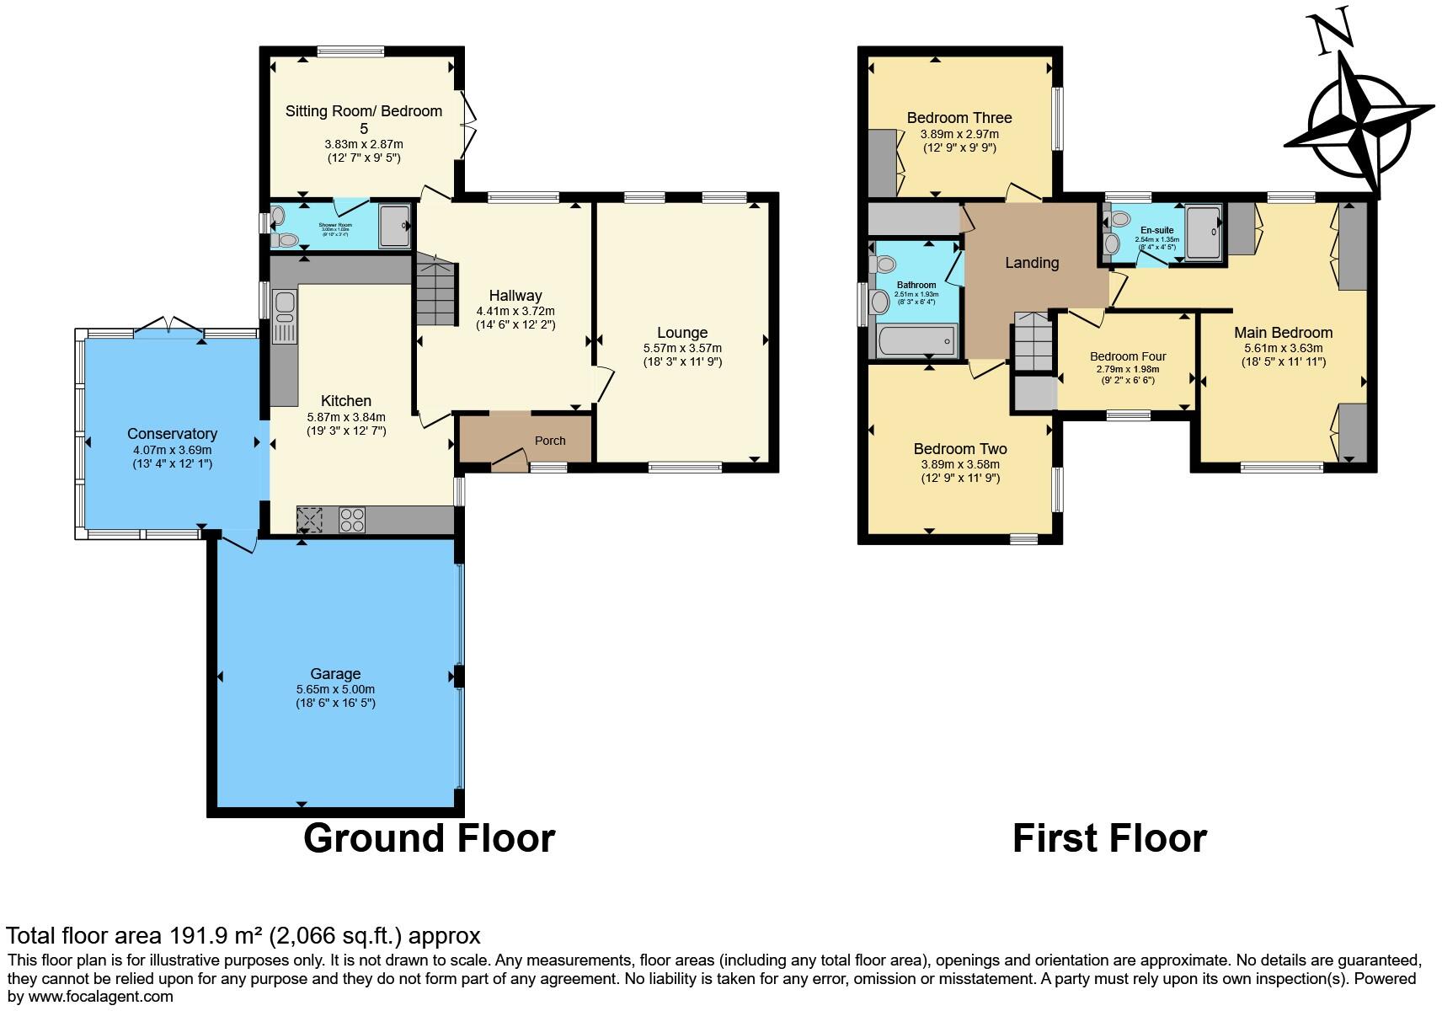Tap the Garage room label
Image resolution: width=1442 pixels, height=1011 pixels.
click(335, 673)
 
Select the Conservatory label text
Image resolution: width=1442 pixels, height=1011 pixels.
click(172, 434)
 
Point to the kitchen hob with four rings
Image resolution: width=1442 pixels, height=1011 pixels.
click(352, 519)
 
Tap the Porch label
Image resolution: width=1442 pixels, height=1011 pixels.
click(550, 441)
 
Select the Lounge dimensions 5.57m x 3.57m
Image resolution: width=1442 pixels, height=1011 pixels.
click(682, 348)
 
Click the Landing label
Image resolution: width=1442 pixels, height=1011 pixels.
click(1032, 263)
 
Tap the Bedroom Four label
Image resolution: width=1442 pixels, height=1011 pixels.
click(1127, 356)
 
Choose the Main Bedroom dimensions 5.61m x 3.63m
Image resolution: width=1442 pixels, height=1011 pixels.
click(1283, 348)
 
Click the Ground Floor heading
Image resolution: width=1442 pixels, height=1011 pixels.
click(429, 838)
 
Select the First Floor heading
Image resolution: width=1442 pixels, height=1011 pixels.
click(1109, 838)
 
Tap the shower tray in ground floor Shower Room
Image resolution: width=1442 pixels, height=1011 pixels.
click(393, 225)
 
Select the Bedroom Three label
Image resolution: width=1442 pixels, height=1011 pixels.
click(959, 118)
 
